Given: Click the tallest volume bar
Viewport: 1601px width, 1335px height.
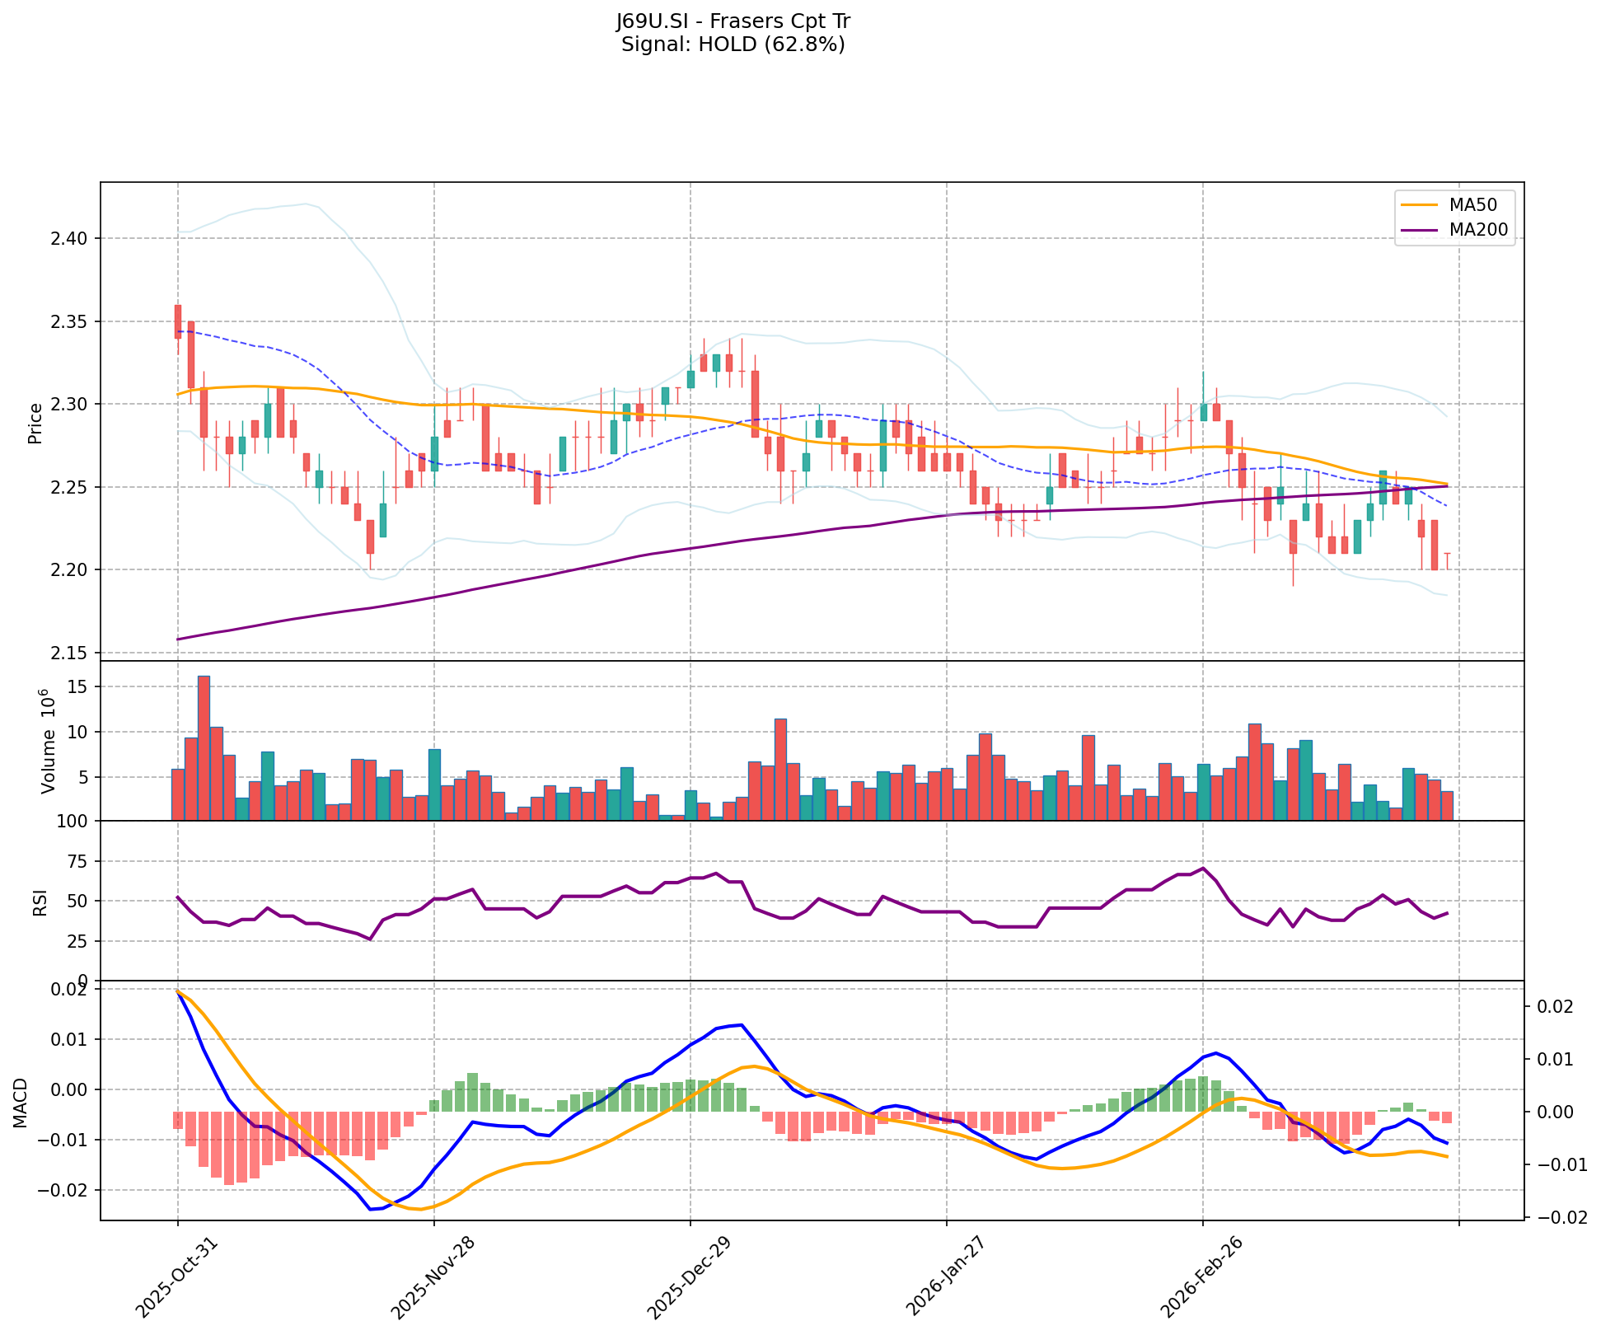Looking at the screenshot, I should click(204, 747).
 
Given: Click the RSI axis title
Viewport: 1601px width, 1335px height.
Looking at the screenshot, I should click(39, 902).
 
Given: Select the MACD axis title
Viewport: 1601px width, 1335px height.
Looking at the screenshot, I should click(21, 1103).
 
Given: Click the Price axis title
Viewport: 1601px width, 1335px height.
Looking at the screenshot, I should click(35, 424).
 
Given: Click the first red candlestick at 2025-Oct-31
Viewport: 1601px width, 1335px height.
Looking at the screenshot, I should click(177, 321).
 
